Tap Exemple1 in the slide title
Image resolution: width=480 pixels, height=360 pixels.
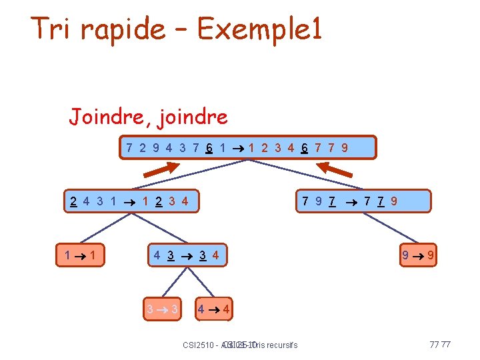coord(260,29)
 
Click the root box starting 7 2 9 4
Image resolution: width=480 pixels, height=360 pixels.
coord(247,148)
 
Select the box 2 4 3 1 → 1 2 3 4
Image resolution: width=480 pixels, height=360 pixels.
coord(133,201)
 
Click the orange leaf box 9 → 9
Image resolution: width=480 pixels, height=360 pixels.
coord(418,255)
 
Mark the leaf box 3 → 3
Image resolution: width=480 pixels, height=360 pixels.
coord(162,309)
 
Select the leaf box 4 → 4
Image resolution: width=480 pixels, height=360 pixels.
coord(215,309)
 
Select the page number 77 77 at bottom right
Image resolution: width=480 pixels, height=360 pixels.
coord(440,345)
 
